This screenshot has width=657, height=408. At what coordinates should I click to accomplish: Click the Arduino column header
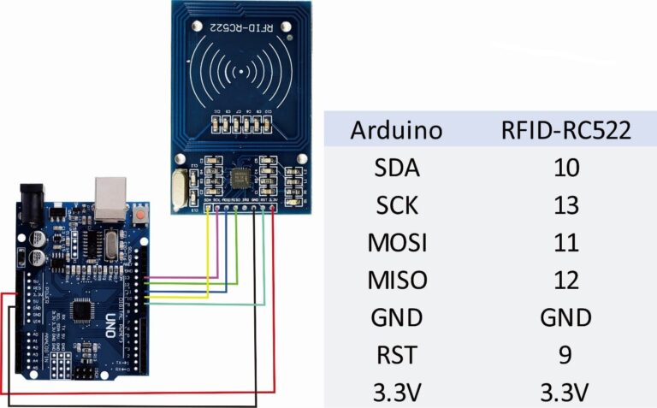click(x=397, y=131)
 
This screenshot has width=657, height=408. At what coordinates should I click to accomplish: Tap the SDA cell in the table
click(x=397, y=169)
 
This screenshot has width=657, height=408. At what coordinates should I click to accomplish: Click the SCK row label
click(x=397, y=205)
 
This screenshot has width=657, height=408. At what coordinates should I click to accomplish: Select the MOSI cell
click(x=397, y=243)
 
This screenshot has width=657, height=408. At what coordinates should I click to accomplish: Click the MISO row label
click(x=397, y=280)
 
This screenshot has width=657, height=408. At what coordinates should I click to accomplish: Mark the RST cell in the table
click(x=397, y=354)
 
